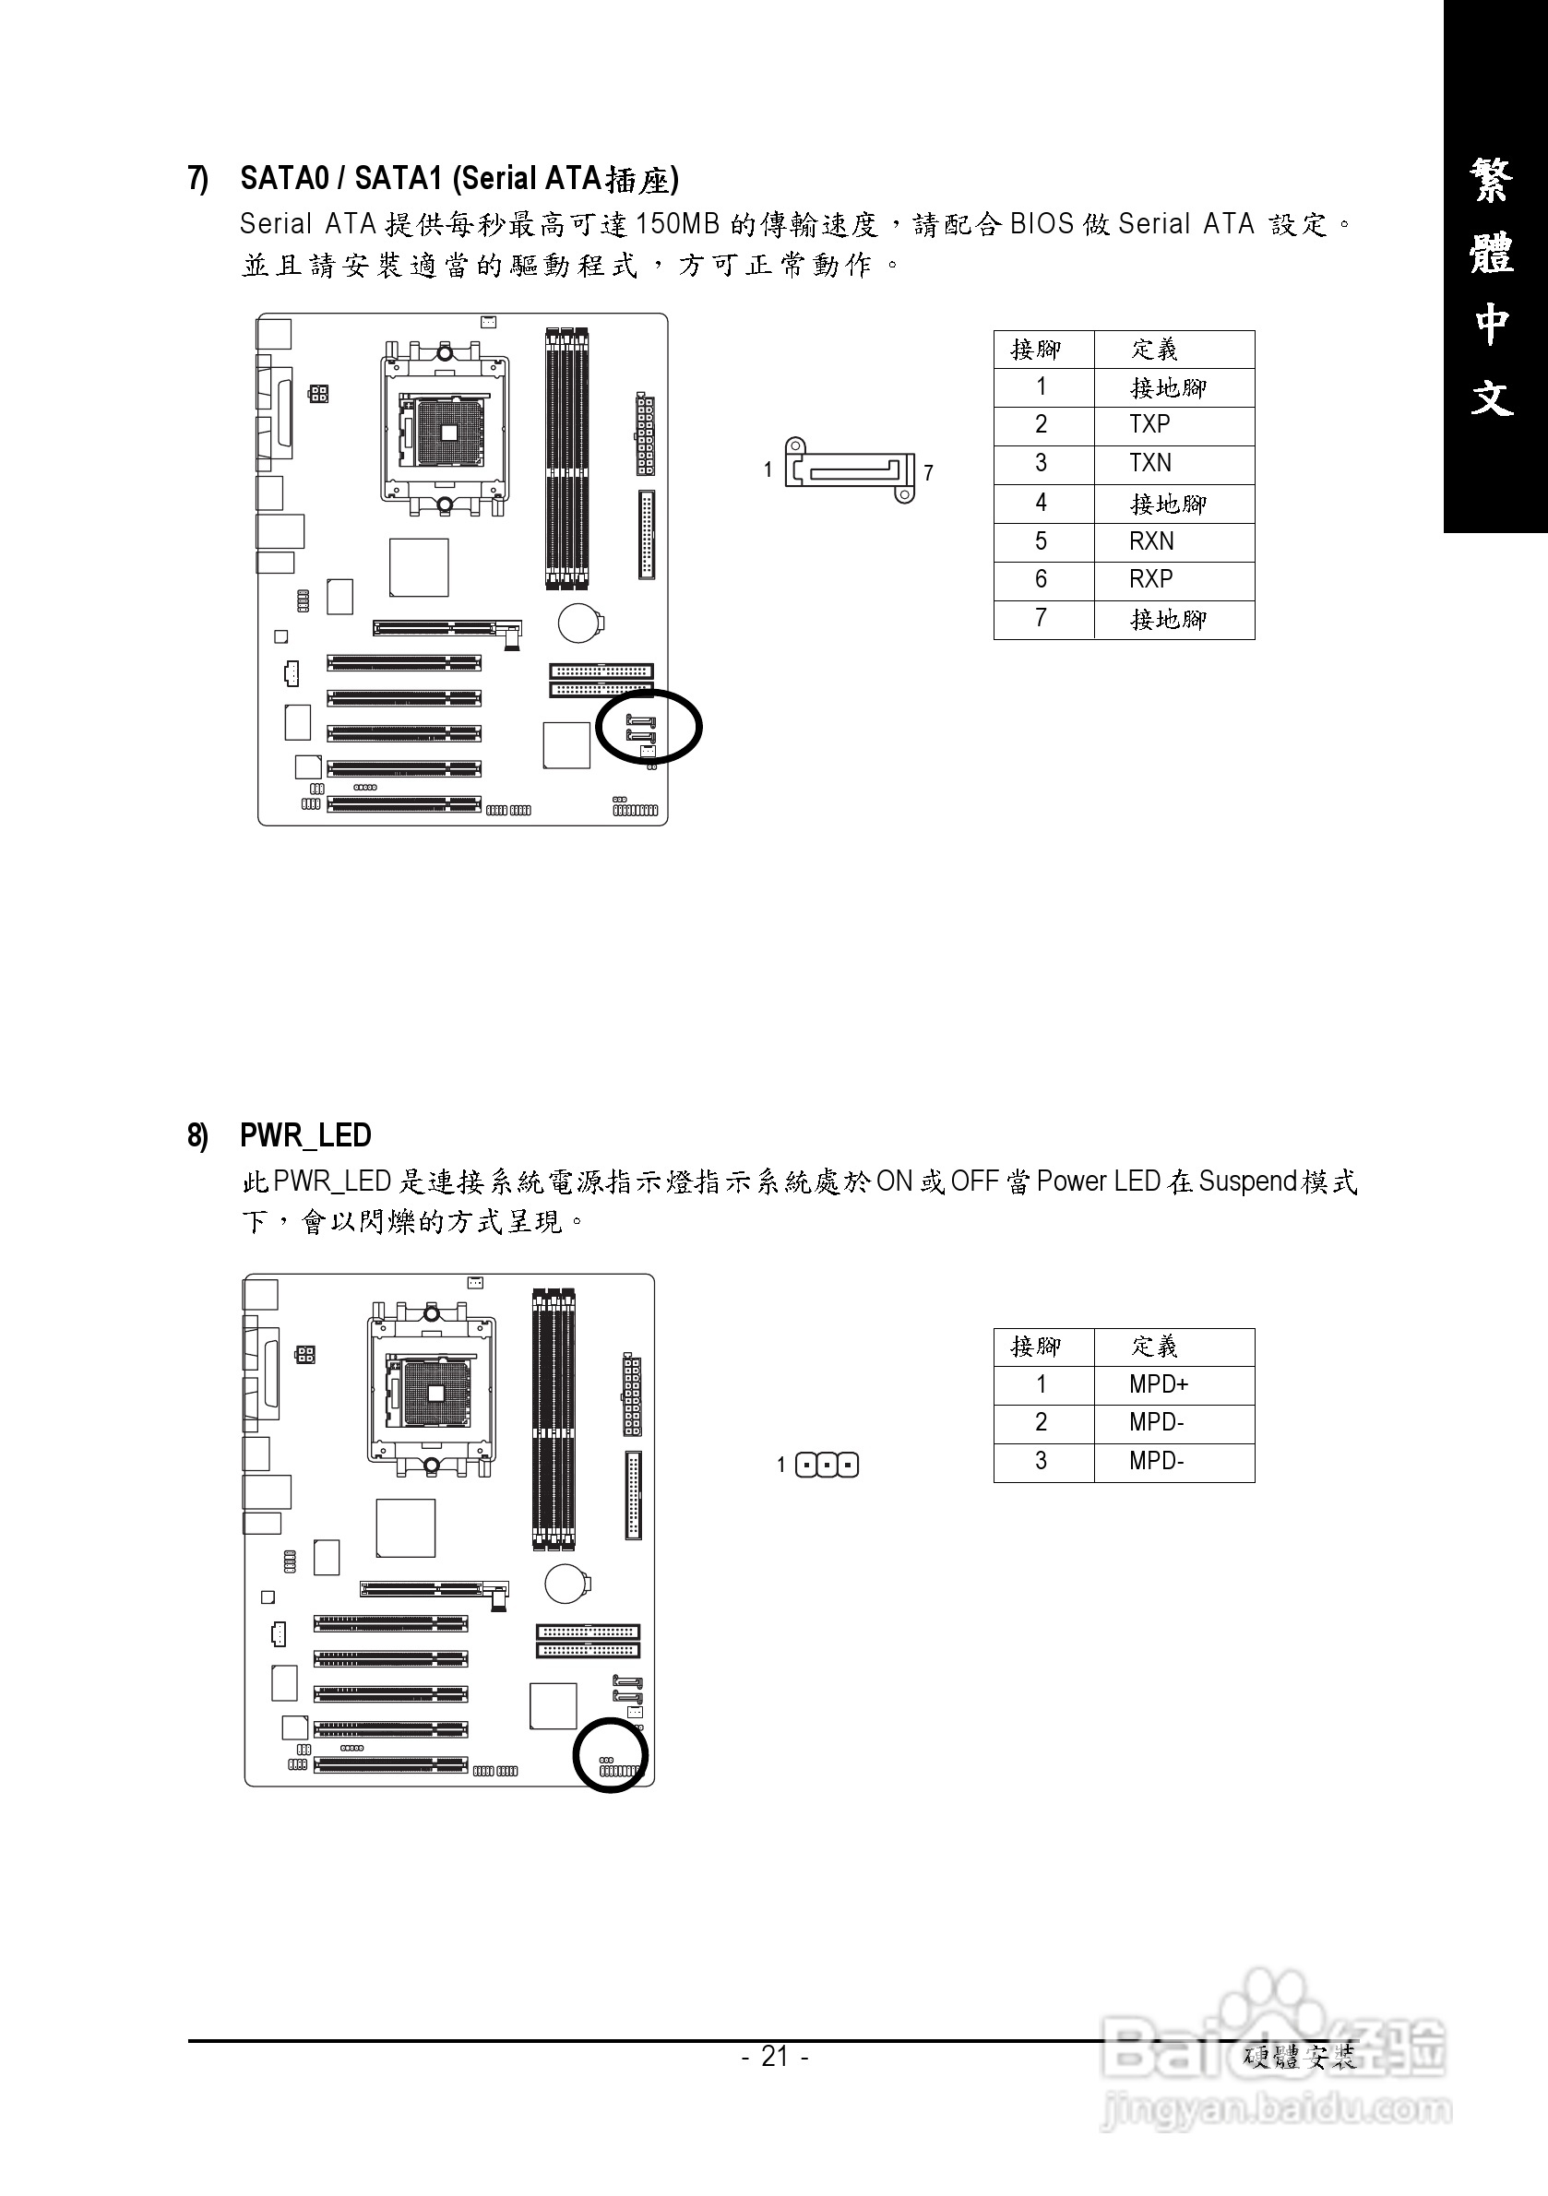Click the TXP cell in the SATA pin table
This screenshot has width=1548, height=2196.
pyautogui.click(x=1149, y=424)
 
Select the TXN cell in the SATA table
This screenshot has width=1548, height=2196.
pyautogui.click(x=1149, y=464)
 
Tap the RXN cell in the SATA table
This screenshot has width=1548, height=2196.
pyautogui.click(x=1150, y=541)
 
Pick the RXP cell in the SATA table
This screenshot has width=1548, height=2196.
pyautogui.click(x=1150, y=579)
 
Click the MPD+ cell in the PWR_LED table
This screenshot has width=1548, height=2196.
pyautogui.click(x=1158, y=1384)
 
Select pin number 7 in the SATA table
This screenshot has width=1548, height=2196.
pyautogui.click(x=1041, y=619)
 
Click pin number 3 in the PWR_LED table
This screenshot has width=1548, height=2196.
pyautogui.click(x=1041, y=1462)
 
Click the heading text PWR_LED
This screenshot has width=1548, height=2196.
pyautogui.click(x=305, y=1135)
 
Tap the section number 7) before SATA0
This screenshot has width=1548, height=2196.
pyautogui.click(x=198, y=179)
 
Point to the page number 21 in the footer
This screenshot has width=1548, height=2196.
pyautogui.click(x=774, y=2056)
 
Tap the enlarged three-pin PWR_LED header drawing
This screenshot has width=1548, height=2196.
pyautogui.click(x=827, y=1466)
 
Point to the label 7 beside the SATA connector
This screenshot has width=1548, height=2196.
pyautogui.click(x=928, y=472)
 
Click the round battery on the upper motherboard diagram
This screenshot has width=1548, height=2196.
pyautogui.click(x=579, y=623)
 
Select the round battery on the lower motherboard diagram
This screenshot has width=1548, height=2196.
pyautogui.click(x=566, y=1584)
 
